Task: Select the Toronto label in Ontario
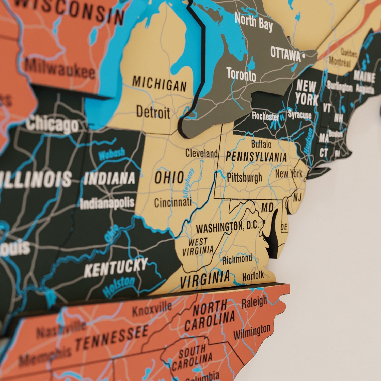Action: (x=241, y=74)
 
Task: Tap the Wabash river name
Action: (x=112, y=154)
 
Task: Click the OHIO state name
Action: (x=169, y=177)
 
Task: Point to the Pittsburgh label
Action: (x=244, y=177)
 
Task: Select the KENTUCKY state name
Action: (x=116, y=267)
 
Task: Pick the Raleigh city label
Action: (x=254, y=302)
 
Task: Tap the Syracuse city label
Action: (x=299, y=115)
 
